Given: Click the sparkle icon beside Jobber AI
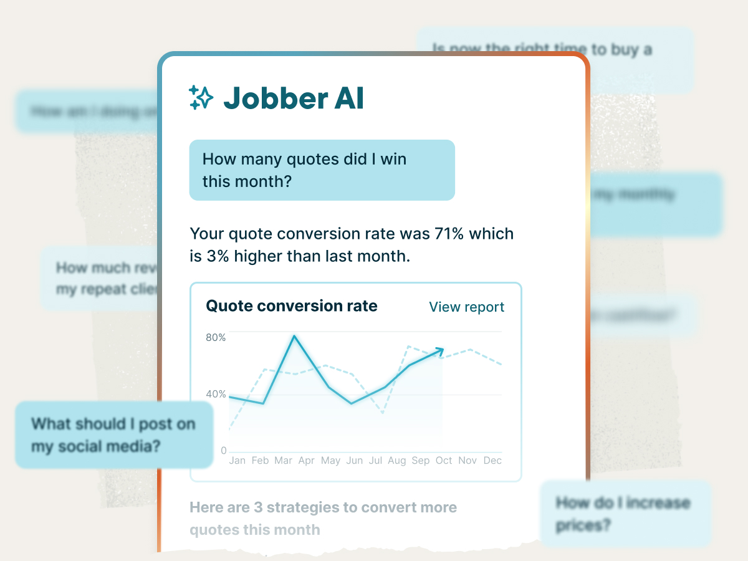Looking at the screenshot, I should [201, 97].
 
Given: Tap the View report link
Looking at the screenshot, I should [466, 307].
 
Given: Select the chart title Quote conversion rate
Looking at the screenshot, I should [292, 306].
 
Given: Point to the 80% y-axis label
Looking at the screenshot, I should [216, 337].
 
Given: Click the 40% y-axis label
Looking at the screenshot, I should [216, 395].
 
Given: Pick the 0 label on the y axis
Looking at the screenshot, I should [224, 451].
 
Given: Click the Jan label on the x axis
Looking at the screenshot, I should [237, 461].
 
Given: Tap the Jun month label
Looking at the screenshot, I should [355, 461].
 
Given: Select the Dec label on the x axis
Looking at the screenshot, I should [492, 461].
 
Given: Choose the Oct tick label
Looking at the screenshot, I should [444, 461].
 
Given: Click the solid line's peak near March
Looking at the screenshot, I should [294, 336].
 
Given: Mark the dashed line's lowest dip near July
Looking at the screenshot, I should [382, 413].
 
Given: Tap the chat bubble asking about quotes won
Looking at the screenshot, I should [322, 170].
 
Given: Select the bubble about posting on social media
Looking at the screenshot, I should [113, 435].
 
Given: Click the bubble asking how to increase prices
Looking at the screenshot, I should [625, 514].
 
